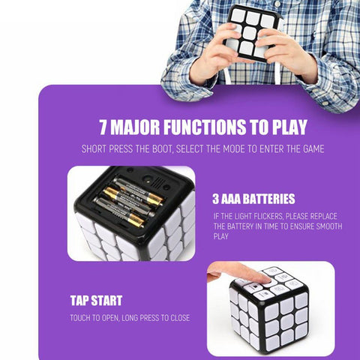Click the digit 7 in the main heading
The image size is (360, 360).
tap(103, 127)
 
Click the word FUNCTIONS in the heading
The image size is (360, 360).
tap(205, 127)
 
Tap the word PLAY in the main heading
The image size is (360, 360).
tap(289, 127)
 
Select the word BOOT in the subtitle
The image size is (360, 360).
tap(162, 149)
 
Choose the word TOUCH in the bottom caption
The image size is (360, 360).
tap(80, 318)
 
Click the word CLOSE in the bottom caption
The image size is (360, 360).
tap(180, 318)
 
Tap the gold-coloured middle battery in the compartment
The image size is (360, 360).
tap(133, 196)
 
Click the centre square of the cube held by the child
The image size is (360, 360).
tap(249, 33)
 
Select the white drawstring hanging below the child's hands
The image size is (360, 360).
tap(226, 74)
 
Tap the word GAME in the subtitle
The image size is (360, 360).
tap(313, 149)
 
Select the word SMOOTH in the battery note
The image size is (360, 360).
tap(329, 226)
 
